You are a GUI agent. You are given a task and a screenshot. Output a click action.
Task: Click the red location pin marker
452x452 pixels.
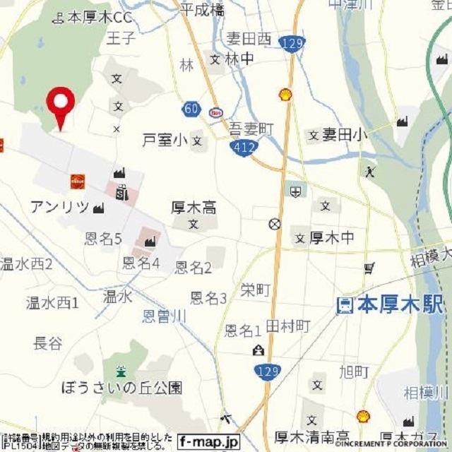coord(61,103)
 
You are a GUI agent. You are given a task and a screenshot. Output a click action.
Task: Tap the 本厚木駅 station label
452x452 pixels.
coord(390,305)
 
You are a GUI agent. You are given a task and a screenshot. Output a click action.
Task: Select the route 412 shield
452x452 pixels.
coord(243,147)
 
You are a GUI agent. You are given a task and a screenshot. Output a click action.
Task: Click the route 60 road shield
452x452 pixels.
coord(191,109)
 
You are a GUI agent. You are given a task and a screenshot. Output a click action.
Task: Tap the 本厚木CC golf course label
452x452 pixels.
coord(99,16)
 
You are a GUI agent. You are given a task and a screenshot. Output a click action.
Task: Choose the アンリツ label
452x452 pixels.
coord(59,207)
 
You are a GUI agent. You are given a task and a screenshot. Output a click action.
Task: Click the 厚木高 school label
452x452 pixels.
coord(194,208)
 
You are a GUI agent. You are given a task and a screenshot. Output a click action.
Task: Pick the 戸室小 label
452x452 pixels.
coord(165,140)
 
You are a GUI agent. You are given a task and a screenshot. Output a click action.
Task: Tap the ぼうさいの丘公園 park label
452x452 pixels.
coord(121,388)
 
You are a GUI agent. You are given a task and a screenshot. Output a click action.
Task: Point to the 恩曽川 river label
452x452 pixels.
coord(165,316)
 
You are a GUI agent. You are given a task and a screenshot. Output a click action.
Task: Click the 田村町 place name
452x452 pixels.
coord(288,326)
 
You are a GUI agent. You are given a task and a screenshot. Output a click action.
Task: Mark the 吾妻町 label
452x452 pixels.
coord(251,128)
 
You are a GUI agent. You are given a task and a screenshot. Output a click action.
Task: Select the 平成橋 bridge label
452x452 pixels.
coord(202,9)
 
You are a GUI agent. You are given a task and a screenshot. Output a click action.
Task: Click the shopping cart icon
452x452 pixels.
coord(369,268)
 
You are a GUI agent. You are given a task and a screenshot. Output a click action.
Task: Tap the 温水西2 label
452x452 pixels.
coord(26,264)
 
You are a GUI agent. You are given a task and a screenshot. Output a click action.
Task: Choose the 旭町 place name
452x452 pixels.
coord(353,371)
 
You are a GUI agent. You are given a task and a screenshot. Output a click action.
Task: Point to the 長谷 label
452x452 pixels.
coord(48,343)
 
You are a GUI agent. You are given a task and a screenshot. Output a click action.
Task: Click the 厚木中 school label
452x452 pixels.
coord(332,238)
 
